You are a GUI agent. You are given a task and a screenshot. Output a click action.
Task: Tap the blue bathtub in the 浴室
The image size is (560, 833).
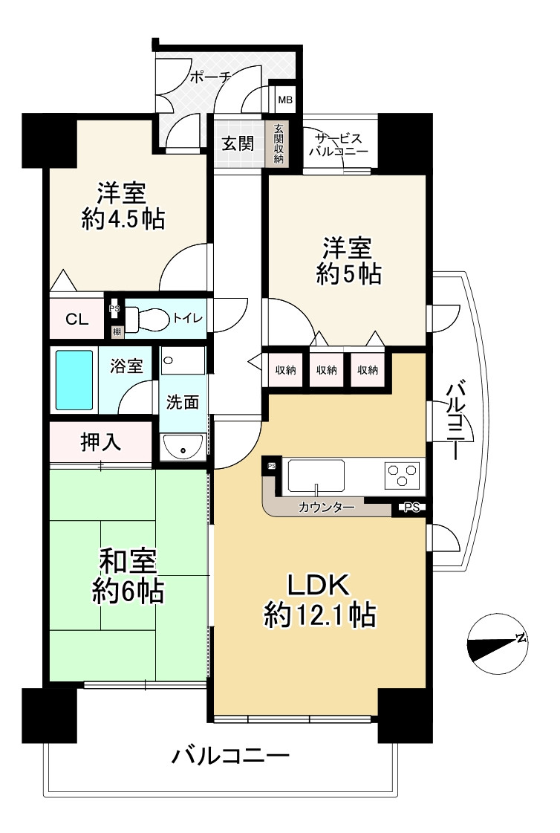[74, 380]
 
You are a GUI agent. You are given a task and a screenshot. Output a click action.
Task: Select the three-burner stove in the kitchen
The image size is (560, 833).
[401, 473]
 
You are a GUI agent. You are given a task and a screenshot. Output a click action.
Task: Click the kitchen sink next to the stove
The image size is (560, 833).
[316, 476]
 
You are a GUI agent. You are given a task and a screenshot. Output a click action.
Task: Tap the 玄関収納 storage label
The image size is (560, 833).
[278, 143]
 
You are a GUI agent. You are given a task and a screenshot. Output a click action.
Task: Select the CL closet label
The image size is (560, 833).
[77, 320]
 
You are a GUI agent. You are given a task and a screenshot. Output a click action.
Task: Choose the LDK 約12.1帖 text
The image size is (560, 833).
[319, 600]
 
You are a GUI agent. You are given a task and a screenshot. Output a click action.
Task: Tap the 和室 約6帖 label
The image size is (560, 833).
[128, 577]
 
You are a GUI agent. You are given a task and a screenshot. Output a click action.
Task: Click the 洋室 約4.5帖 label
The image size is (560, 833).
[123, 205]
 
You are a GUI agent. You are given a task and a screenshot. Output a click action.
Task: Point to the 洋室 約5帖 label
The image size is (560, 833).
[348, 261]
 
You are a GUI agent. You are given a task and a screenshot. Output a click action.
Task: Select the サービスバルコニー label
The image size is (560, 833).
[340, 144]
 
